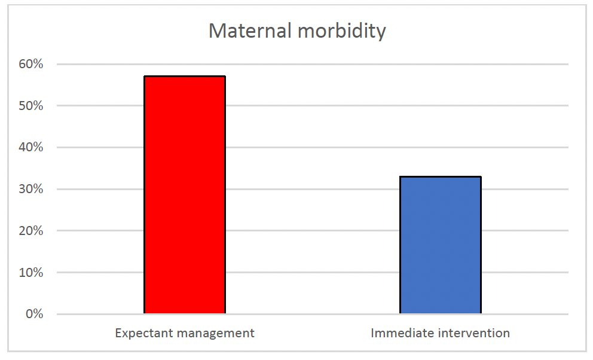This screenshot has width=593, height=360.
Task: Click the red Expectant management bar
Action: [x=185, y=195]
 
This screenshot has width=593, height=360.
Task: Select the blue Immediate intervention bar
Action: [x=441, y=245]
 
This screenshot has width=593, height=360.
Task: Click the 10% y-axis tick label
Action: [x=30, y=273]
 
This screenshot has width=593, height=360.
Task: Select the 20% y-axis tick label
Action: [x=30, y=231]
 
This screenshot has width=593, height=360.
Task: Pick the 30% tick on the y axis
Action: [x=30, y=189]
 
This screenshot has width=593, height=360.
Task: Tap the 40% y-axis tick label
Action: [x=30, y=147]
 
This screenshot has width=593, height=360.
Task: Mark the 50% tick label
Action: [x=30, y=106]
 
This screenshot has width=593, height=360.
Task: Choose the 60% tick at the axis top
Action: [x=30, y=64]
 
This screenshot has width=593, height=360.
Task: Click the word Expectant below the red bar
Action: [x=142, y=333]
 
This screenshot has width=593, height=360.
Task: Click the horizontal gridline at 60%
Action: [x=311, y=64]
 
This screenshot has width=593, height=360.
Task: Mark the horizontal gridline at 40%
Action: [x=311, y=147]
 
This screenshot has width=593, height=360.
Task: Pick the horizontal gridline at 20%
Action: [x=311, y=231]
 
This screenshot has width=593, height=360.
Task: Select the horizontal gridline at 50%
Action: [x=311, y=106]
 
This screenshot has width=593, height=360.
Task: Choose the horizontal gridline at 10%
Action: [x=311, y=273]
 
